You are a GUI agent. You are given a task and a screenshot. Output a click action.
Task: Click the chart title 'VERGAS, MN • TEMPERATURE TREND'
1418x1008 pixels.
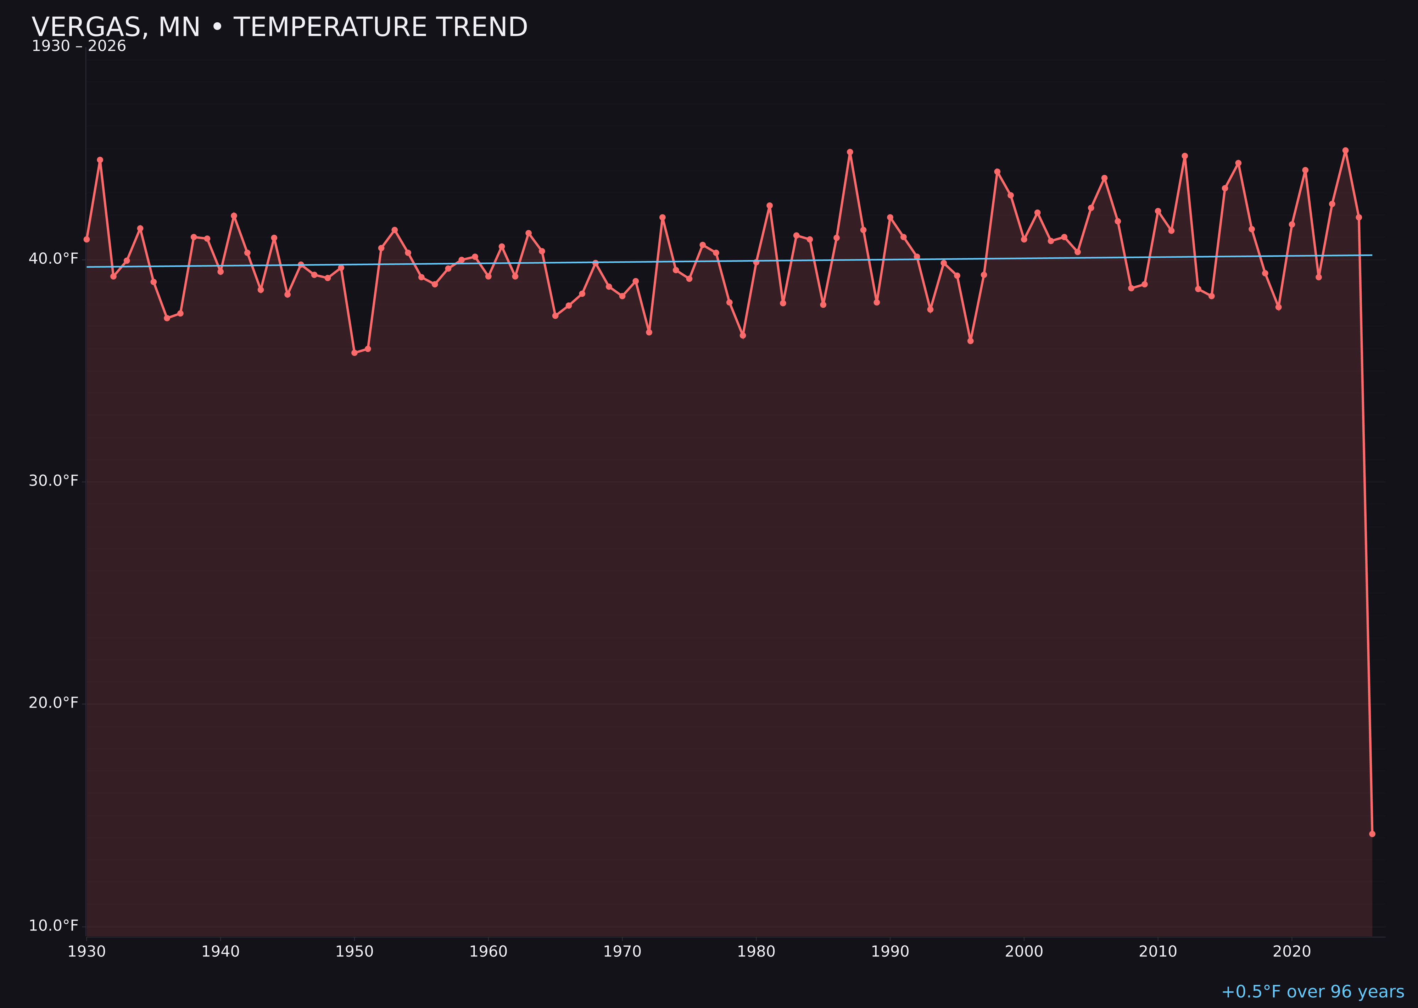[279, 27]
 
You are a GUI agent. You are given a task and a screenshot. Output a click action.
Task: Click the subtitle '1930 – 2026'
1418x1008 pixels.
[79, 46]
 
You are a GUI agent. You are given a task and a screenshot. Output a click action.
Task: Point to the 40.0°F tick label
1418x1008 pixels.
[54, 258]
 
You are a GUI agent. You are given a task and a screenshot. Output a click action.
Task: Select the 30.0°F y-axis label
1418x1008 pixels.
[54, 481]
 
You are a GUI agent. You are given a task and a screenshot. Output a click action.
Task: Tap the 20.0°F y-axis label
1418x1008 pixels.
[54, 702]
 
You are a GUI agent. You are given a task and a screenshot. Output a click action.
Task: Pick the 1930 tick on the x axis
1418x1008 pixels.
[87, 952]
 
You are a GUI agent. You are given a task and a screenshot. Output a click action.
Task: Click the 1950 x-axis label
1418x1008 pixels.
[354, 952]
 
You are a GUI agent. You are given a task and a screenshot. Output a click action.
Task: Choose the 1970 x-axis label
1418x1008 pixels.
[622, 952]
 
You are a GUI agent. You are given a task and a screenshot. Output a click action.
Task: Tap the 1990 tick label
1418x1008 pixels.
[890, 952]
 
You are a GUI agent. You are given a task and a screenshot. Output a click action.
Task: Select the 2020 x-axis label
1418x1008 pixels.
[1291, 952]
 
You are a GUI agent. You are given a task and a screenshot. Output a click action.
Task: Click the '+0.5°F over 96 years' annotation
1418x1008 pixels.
[1312, 992]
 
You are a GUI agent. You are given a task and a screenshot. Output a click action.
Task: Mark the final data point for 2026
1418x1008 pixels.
[1372, 834]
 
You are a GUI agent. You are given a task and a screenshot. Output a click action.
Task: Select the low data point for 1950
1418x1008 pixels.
[354, 353]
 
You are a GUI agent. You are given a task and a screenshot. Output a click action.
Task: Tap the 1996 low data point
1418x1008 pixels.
[970, 341]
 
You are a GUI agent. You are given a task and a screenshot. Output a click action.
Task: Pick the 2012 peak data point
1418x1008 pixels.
[1185, 156]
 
